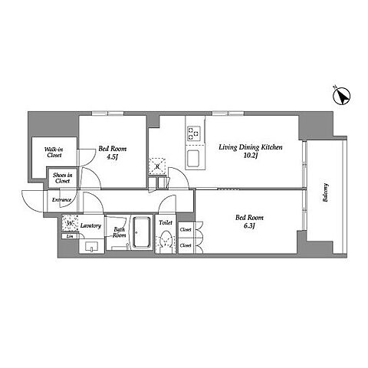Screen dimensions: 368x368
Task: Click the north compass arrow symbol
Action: pos(342,97)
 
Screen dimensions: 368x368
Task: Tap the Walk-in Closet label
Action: pos(54,152)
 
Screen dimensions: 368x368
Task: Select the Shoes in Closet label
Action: pos(63,178)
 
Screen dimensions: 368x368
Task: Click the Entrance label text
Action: pos(61,200)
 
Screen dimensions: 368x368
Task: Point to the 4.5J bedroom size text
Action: pos(112,157)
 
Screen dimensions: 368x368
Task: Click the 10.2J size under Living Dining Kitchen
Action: pos(250,156)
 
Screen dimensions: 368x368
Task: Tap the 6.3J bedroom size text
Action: pos(249,226)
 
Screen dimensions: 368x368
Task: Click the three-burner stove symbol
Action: pos(194,133)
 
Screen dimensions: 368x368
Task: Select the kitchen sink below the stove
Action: pos(193,158)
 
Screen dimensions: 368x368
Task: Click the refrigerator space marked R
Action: pos(157,166)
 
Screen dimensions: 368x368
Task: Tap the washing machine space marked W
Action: pos(70,223)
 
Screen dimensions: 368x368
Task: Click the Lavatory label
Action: pos(90,225)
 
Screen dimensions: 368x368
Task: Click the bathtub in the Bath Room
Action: pos(141,232)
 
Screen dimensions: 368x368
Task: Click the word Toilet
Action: pos(166,222)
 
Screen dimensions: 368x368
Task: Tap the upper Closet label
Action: pos(186,229)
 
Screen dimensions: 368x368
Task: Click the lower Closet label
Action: pos(186,245)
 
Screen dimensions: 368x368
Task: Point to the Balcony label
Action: pos(325,192)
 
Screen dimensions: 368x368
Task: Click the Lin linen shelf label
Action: pos(70,237)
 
